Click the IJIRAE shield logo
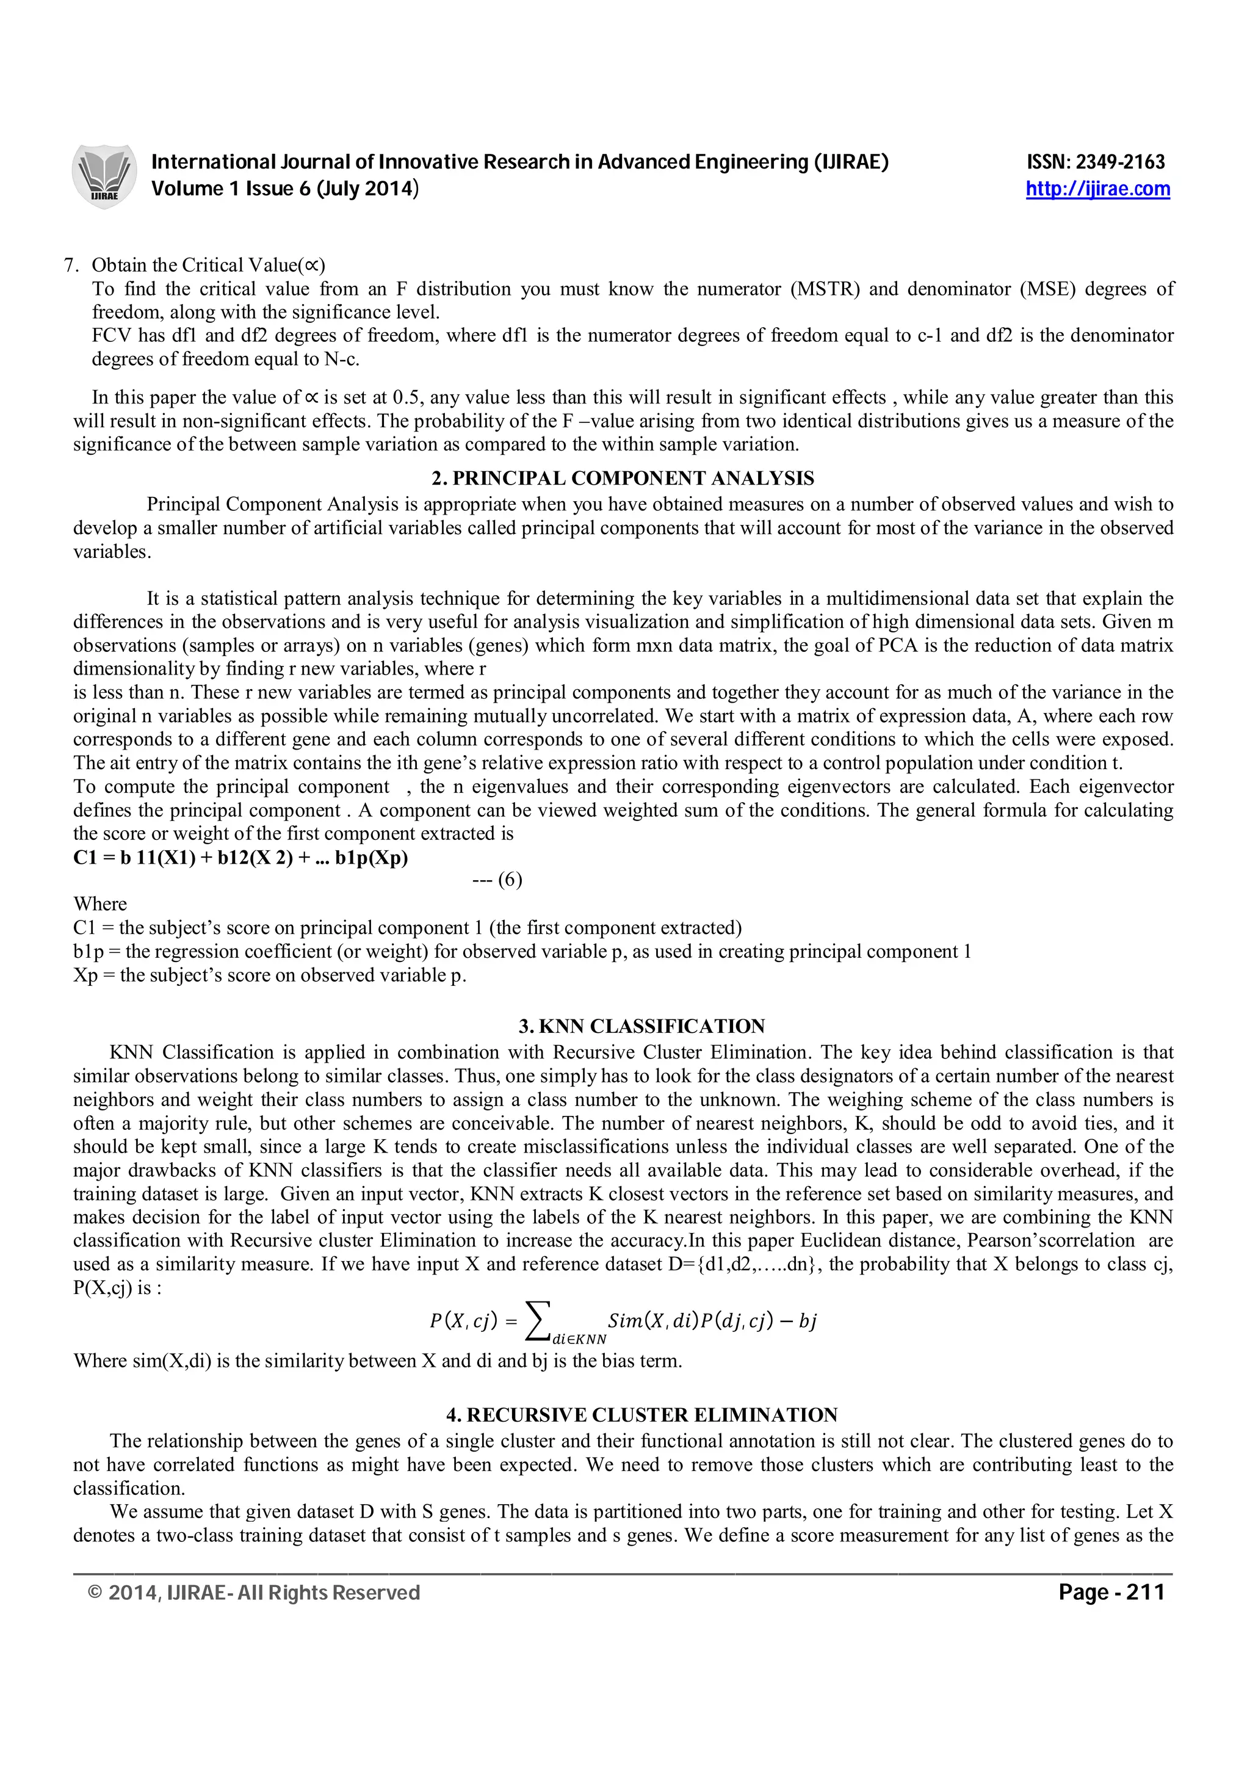(103, 176)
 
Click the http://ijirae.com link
(1097, 189)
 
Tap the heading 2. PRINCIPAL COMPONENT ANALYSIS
(623, 479)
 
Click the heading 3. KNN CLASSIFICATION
(641, 1026)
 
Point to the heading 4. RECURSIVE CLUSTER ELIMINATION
(641, 1414)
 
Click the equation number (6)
(508, 880)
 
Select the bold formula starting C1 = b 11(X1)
(240, 858)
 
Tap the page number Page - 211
(1111, 1592)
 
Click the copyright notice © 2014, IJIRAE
(254, 1593)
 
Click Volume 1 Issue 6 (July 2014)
(285, 189)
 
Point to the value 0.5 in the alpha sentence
(406, 397)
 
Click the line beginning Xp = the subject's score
(270, 975)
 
